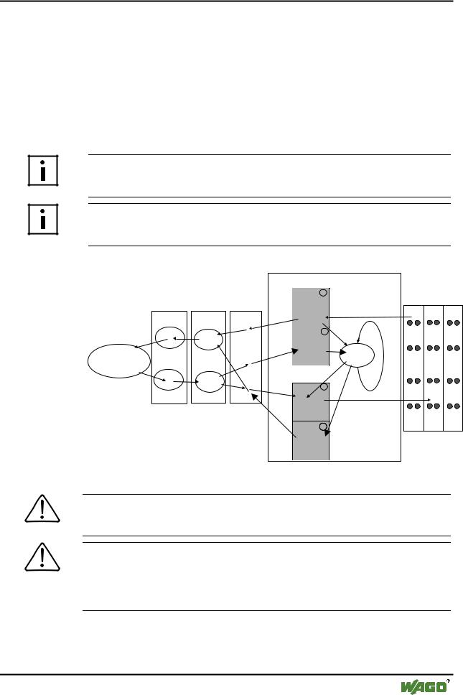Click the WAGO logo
pos(421,684)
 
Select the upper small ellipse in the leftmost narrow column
pos(170,337)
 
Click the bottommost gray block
pos(310,439)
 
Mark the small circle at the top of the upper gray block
pos(324,293)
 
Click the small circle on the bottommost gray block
pos(324,428)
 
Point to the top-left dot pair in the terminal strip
pos(414,322)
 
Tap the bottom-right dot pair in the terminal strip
pos(453,406)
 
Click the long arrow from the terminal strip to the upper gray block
pos(366,318)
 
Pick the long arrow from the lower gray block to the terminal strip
pos(377,401)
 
